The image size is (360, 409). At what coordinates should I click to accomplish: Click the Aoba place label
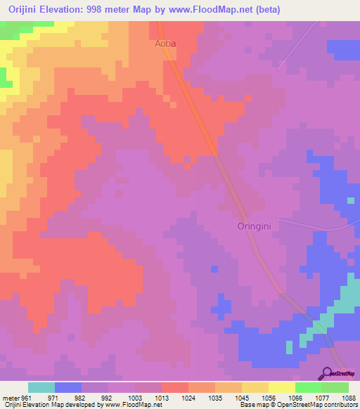[165, 43]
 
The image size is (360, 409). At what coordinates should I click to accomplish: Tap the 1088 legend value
[349, 398]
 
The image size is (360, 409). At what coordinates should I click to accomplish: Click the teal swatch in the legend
[41, 387]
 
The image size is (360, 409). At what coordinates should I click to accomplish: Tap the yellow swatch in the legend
[281, 387]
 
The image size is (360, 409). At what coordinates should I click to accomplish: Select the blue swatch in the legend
[67, 387]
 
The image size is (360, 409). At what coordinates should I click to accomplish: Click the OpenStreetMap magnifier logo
[328, 373]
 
